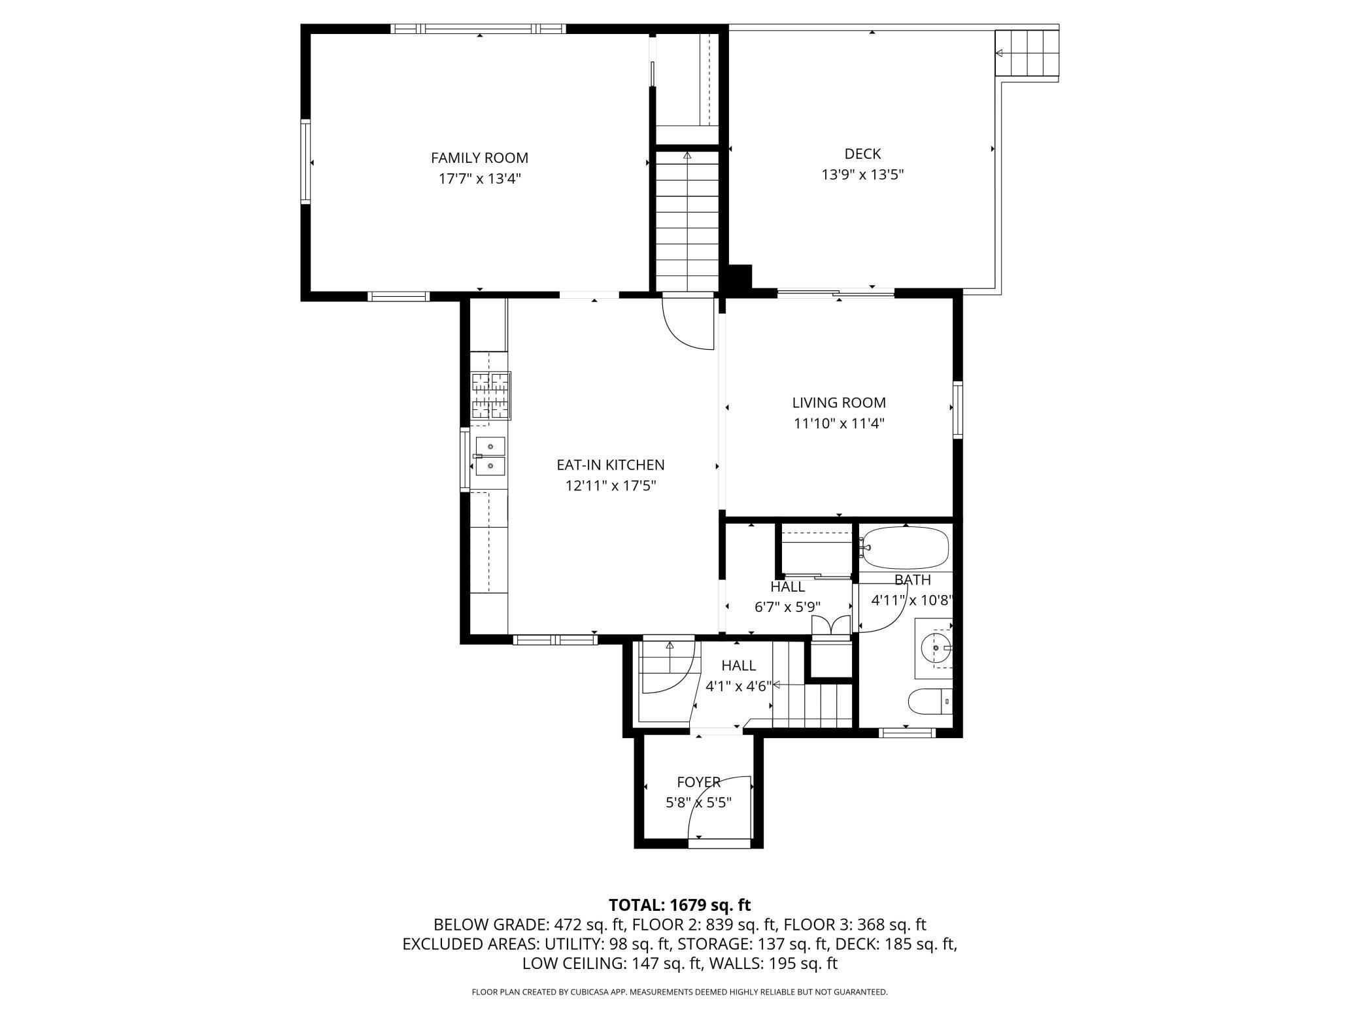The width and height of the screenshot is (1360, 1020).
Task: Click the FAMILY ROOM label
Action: tap(479, 158)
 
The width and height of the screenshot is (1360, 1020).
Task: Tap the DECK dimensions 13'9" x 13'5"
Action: tap(862, 175)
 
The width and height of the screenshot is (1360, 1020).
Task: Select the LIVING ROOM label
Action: tap(839, 403)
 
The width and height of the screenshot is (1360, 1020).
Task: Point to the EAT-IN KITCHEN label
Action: tap(610, 465)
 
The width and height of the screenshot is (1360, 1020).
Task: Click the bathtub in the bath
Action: tap(906, 548)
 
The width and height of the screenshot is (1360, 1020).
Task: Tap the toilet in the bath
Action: tap(930, 702)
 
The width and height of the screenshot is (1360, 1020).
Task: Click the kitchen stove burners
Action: tap(490, 395)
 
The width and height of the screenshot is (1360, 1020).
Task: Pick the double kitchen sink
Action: tap(490, 456)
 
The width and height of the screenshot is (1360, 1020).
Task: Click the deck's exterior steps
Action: tap(1027, 53)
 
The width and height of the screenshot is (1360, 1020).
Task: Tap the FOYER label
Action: tap(698, 782)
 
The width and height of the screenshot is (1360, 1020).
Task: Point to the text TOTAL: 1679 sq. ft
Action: tap(680, 905)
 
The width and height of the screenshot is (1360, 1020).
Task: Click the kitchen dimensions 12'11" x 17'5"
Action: tap(610, 486)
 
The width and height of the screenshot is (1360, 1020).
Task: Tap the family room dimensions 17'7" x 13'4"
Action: tap(479, 178)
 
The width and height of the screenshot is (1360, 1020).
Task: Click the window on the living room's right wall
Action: tap(958, 410)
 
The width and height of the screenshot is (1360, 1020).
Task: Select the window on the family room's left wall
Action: tap(305, 161)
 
